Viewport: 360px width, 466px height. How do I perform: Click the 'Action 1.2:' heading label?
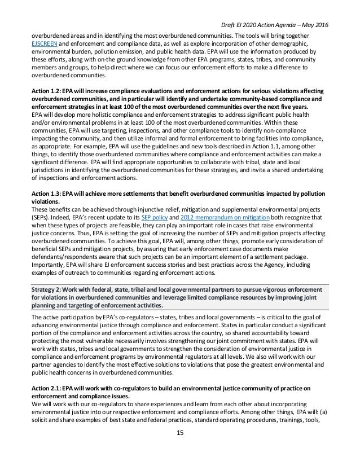tap(47, 89)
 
